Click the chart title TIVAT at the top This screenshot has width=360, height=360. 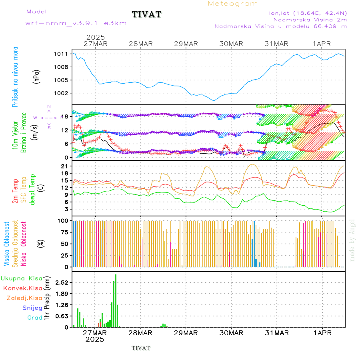147,15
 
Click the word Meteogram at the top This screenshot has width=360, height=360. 233,4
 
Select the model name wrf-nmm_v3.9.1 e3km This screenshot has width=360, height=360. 76,23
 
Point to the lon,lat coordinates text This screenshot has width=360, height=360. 308,13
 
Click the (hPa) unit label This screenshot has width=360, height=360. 37,76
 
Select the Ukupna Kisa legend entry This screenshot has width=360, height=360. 22,278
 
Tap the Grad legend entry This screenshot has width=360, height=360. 34,318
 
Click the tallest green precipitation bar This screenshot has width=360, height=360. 116,300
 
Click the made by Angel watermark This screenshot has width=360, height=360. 352,240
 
